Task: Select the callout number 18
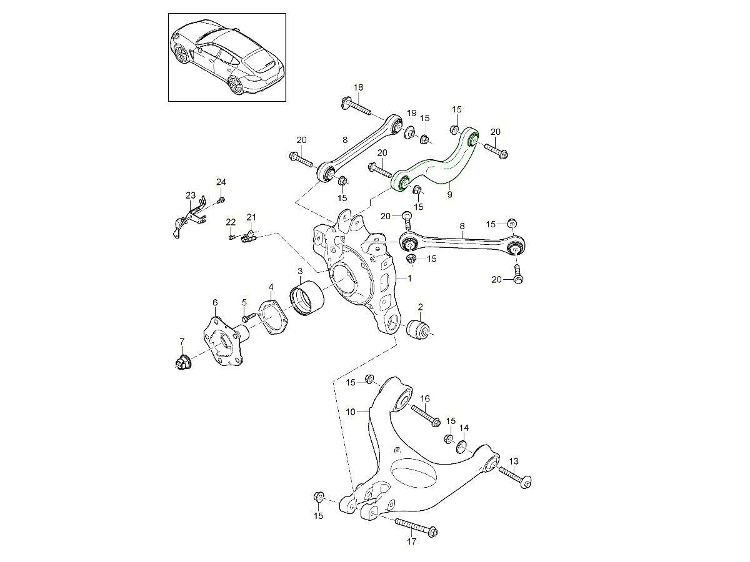coord(358,87)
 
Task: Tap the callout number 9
coord(449,194)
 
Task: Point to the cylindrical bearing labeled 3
coord(306,298)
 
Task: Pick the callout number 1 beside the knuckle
coord(409,279)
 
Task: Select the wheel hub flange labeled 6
coord(225,345)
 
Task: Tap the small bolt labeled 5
coord(248,318)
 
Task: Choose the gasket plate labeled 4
coord(272,317)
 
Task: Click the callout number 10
coord(351,412)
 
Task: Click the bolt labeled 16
coord(426,416)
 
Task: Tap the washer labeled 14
coord(462,447)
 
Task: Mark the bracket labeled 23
coord(189,217)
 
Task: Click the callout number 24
coord(221,182)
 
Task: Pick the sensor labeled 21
coord(249,237)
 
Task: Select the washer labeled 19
coord(409,133)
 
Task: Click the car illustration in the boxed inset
coord(227,57)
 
